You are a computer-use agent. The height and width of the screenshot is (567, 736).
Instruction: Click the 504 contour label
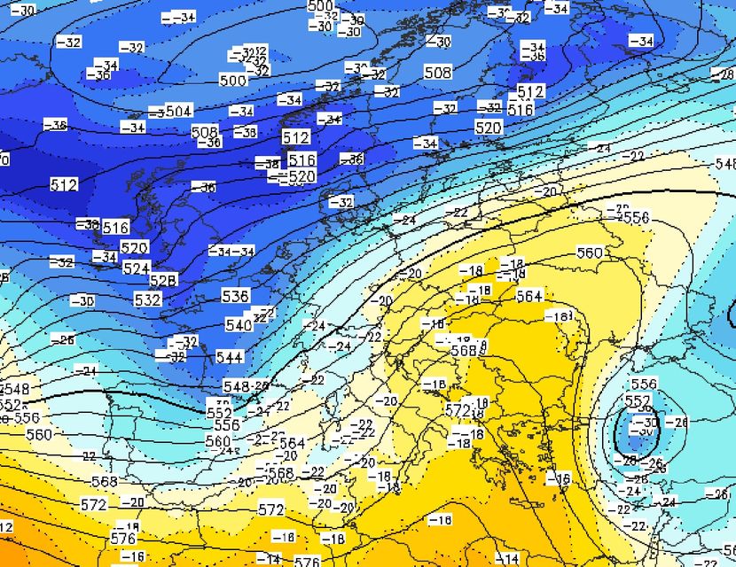click(178, 111)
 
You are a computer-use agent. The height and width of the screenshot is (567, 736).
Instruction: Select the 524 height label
click(136, 267)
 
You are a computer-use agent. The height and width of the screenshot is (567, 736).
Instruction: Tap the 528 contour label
click(163, 280)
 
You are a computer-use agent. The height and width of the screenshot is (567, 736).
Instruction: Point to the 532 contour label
click(147, 299)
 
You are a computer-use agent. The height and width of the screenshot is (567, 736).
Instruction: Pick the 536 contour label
click(235, 295)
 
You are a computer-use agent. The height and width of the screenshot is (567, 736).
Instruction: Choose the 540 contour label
click(239, 325)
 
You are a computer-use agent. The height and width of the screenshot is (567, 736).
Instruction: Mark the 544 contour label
click(230, 357)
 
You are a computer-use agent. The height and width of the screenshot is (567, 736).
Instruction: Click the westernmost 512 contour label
click(64, 184)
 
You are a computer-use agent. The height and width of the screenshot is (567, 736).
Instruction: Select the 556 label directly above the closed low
click(644, 384)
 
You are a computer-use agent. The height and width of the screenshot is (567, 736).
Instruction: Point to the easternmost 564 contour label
click(529, 296)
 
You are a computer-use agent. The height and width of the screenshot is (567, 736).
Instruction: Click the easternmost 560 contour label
click(590, 252)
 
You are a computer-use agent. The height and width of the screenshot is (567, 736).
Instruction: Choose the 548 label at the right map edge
click(726, 164)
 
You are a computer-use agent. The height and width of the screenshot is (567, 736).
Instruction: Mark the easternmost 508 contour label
click(437, 72)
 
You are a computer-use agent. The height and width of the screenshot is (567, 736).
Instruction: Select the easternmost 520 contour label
click(489, 128)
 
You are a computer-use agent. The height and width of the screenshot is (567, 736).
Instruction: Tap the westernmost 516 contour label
click(116, 227)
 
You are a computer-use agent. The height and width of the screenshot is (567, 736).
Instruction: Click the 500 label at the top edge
click(320, 6)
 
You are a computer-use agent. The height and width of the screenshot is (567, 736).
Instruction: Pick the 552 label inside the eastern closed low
click(638, 401)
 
